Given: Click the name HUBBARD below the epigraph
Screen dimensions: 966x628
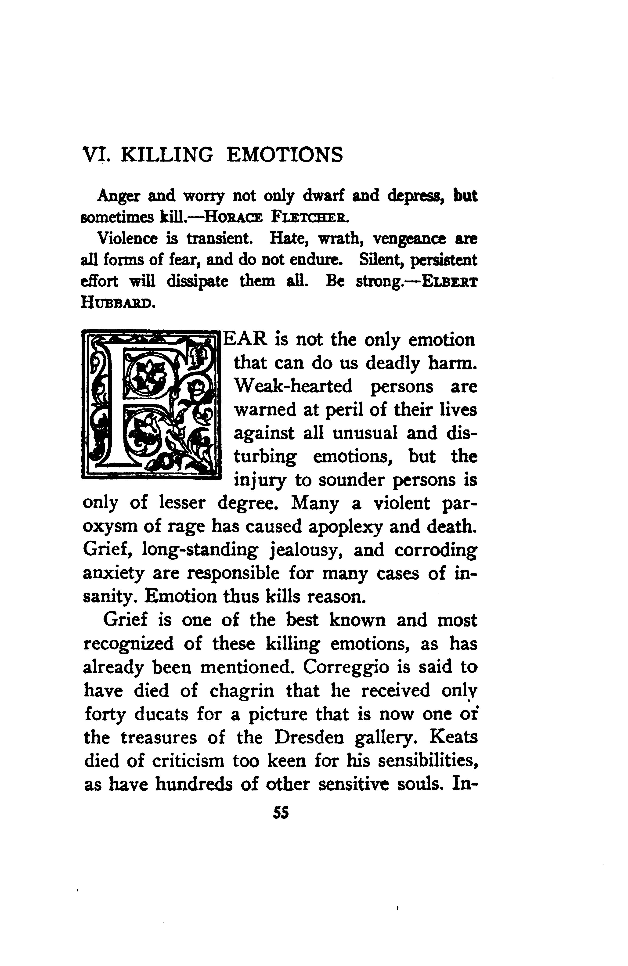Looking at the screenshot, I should [x=117, y=302].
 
